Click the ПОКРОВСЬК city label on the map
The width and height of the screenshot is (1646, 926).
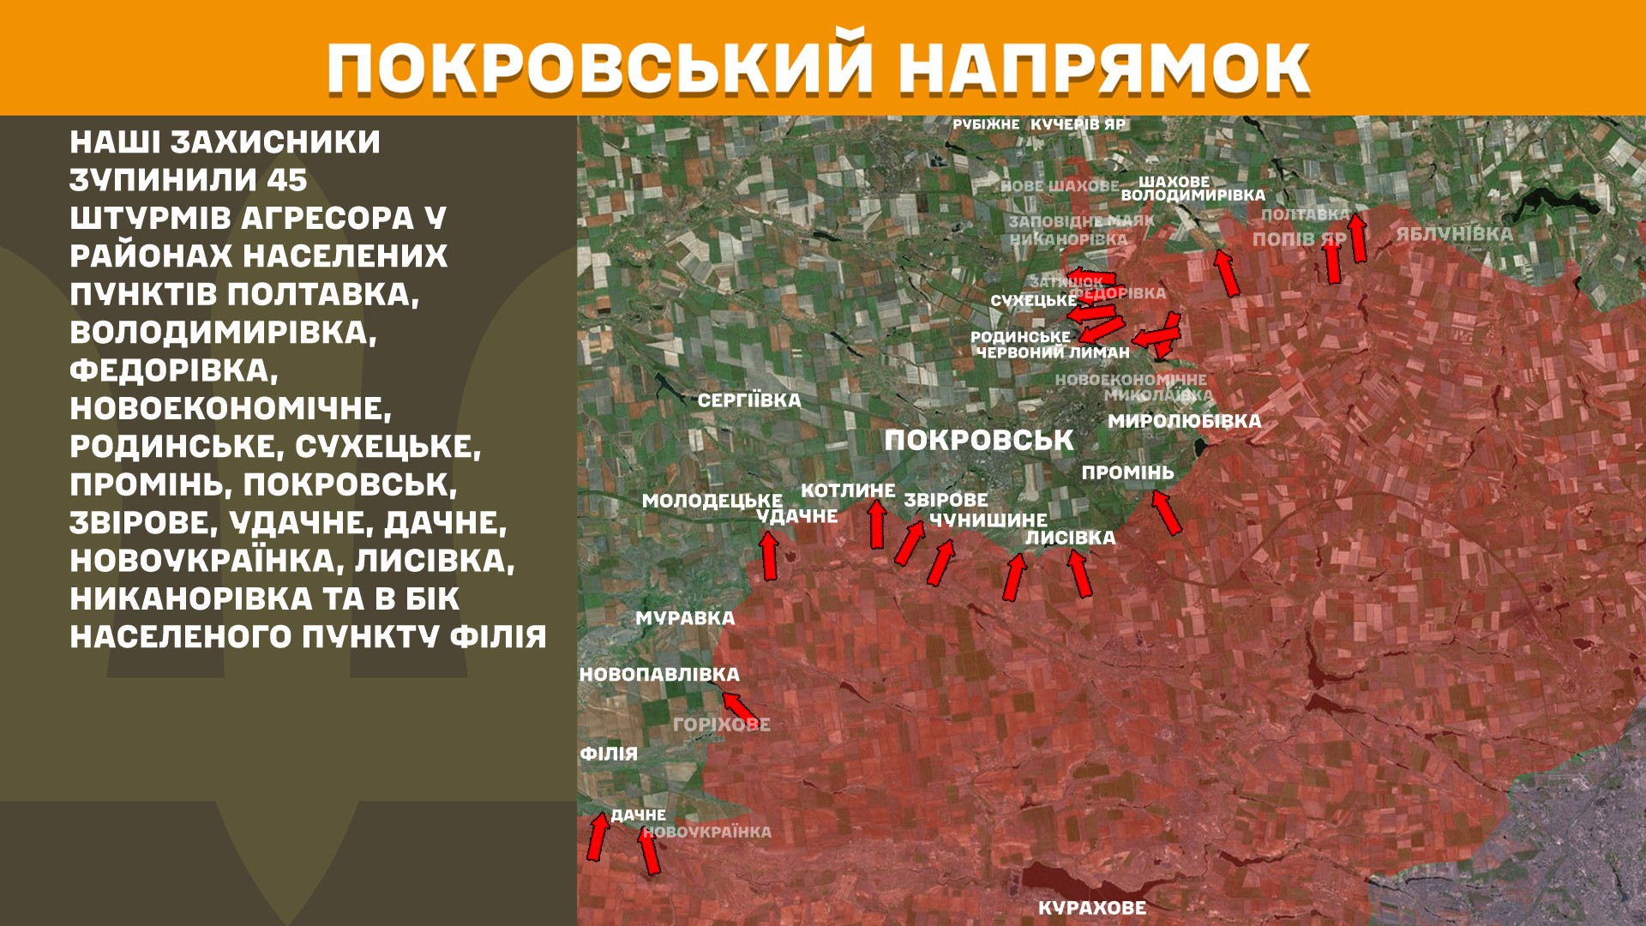pyautogui.click(x=978, y=441)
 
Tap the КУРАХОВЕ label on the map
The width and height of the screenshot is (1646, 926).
pyautogui.click(x=1091, y=908)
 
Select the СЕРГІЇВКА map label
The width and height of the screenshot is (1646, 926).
pyautogui.click(x=748, y=400)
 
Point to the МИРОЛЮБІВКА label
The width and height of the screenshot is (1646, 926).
pyautogui.click(x=1184, y=421)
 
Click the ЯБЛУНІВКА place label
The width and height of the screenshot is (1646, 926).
pyautogui.click(x=1454, y=234)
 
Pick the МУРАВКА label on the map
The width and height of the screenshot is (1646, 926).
pyautogui.click(x=685, y=618)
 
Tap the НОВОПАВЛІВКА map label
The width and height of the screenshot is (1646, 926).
pyautogui.click(x=659, y=675)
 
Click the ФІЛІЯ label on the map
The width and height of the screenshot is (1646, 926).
pyautogui.click(x=609, y=754)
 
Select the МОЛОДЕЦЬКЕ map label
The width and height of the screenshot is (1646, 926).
pyautogui.click(x=712, y=501)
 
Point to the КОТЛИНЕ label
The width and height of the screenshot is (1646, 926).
pyautogui.click(x=847, y=490)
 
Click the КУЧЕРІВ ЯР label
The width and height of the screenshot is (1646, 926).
pyautogui.click(x=1078, y=124)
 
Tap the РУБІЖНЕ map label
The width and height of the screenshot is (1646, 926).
pyautogui.click(x=986, y=124)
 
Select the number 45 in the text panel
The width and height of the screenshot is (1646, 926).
pyautogui.click(x=286, y=180)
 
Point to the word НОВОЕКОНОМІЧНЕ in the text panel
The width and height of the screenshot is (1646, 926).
pyautogui.click(x=230, y=408)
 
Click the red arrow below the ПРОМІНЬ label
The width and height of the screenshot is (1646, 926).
pyautogui.click(x=1166, y=512)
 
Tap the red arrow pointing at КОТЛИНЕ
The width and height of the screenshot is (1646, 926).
pyautogui.click(x=876, y=524)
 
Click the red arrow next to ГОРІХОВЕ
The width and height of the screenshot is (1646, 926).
pyautogui.click(x=739, y=709)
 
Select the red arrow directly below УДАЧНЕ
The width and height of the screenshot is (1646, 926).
pyautogui.click(x=769, y=556)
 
